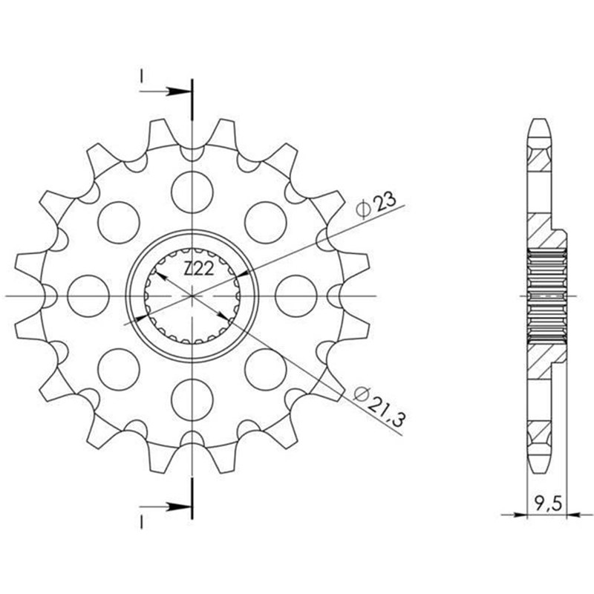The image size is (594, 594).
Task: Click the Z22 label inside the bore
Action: [x=199, y=270]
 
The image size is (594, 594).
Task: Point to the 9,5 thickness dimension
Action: [x=547, y=504]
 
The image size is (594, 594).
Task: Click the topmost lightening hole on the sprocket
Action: [x=192, y=192]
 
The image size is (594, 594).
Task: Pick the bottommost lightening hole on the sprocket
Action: [x=192, y=400]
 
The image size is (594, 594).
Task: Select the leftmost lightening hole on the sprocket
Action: [x=88, y=296]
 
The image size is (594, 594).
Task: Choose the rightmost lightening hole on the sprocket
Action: [x=296, y=296]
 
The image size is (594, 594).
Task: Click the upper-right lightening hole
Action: [x=266, y=222]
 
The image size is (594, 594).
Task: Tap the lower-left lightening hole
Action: [x=119, y=369]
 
